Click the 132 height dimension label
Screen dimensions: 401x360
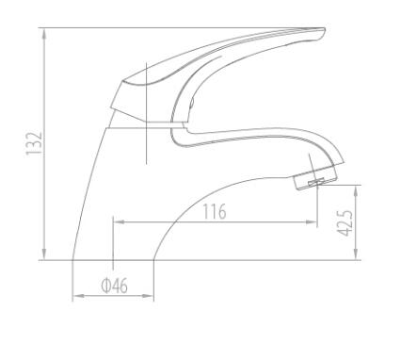34,143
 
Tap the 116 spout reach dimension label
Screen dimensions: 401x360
215,211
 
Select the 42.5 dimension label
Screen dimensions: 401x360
345,223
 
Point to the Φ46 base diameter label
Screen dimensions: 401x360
114,286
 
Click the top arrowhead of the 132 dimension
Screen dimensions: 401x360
44,34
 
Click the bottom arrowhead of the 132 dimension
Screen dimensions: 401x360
44,254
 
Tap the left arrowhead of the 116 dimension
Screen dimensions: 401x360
119,222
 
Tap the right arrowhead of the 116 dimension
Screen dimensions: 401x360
312,222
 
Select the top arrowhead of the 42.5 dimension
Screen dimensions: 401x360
356,190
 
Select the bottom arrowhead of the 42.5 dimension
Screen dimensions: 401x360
356,254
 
